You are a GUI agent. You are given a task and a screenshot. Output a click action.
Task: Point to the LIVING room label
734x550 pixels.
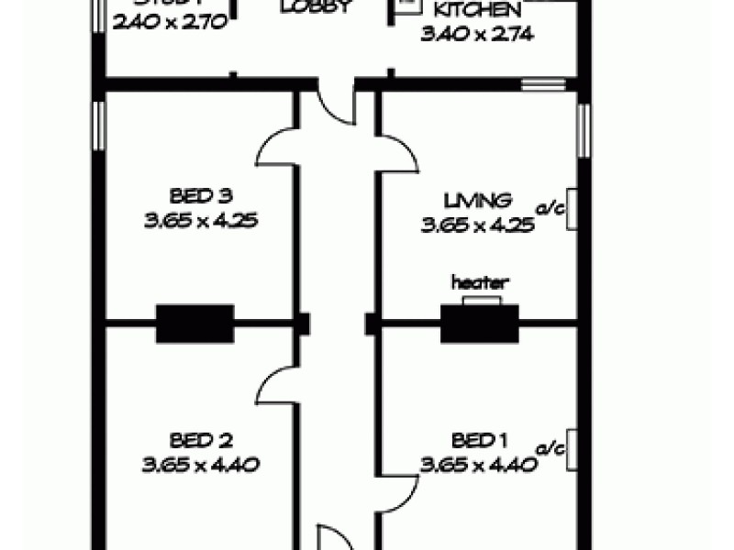pyautogui.click(x=477, y=200)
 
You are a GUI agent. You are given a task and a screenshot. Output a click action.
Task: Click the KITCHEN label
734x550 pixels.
pyautogui.click(x=478, y=12)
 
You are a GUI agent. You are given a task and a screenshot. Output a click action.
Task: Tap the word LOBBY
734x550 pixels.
pyautogui.click(x=316, y=7)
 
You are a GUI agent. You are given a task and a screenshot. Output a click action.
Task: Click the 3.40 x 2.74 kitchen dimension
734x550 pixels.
pyautogui.click(x=477, y=35)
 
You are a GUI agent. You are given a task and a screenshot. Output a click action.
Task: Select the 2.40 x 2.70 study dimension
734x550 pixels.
pyautogui.click(x=170, y=24)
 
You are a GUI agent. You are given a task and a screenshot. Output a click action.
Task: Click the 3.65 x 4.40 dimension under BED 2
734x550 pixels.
pyautogui.click(x=199, y=464)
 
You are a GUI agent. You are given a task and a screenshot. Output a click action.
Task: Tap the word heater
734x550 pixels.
pyautogui.click(x=479, y=283)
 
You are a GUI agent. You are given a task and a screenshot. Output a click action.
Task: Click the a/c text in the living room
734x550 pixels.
pyautogui.click(x=550, y=209)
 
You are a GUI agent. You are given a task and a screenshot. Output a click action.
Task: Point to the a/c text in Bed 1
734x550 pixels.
pyautogui.click(x=550, y=449)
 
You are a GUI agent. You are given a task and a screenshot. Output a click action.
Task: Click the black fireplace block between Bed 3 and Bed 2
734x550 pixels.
pyautogui.click(x=195, y=324)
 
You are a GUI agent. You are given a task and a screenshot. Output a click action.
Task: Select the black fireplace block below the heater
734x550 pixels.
pyautogui.click(x=479, y=324)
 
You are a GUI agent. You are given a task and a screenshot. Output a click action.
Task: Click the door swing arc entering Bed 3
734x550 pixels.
pyautogui.click(x=276, y=147)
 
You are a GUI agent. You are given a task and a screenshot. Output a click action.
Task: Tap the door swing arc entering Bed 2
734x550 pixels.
pyautogui.click(x=276, y=385)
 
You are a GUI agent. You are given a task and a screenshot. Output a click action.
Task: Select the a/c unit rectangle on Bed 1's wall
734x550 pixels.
pyautogui.click(x=572, y=449)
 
